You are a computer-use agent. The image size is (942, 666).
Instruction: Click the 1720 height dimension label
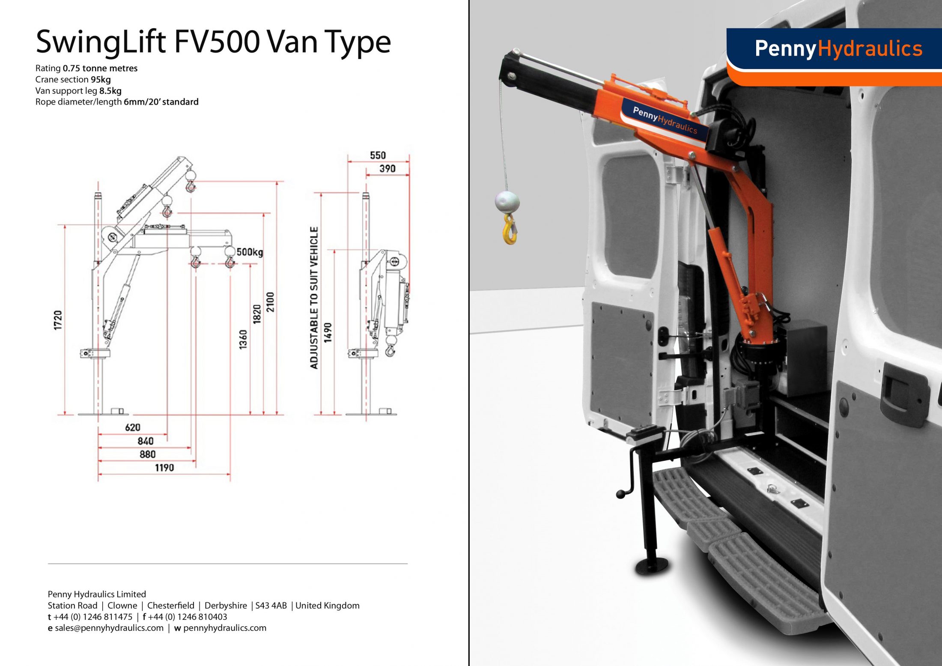pyautogui.click(x=58, y=320)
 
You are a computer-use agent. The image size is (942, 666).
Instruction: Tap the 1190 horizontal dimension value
pyautogui.click(x=164, y=468)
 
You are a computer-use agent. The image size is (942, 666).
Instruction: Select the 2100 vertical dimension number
pyautogui.click(x=270, y=302)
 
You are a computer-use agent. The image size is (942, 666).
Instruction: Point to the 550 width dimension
pyautogui.click(x=378, y=155)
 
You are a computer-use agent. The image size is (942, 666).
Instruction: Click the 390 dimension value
pyautogui.click(x=388, y=169)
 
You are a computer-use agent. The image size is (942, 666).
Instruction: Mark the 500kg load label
pyautogui.click(x=250, y=252)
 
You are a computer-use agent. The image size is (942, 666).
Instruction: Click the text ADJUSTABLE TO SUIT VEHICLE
pyautogui.click(x=314, y=298)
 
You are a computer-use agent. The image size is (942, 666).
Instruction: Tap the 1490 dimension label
pyautogui.click(x=328, y=332)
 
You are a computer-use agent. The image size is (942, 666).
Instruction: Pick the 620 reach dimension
pyautogui.click(x=133, y=427)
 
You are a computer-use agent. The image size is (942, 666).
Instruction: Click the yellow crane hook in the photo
pyautogui.click(x=510, y=230)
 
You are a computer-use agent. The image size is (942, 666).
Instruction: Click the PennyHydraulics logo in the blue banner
pyautogui.click(x=838, y=48)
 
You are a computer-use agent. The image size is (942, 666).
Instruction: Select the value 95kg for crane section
pyautogui.click(x=101, y=80)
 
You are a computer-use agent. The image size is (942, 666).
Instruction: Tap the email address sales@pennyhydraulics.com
pyautogui.click(x=109, y=628)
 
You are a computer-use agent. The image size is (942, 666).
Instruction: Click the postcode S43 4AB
pyautogui.click(x=271, y=606)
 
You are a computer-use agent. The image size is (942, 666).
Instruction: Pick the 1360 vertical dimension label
pyautogui.click(x=243, y=339)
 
